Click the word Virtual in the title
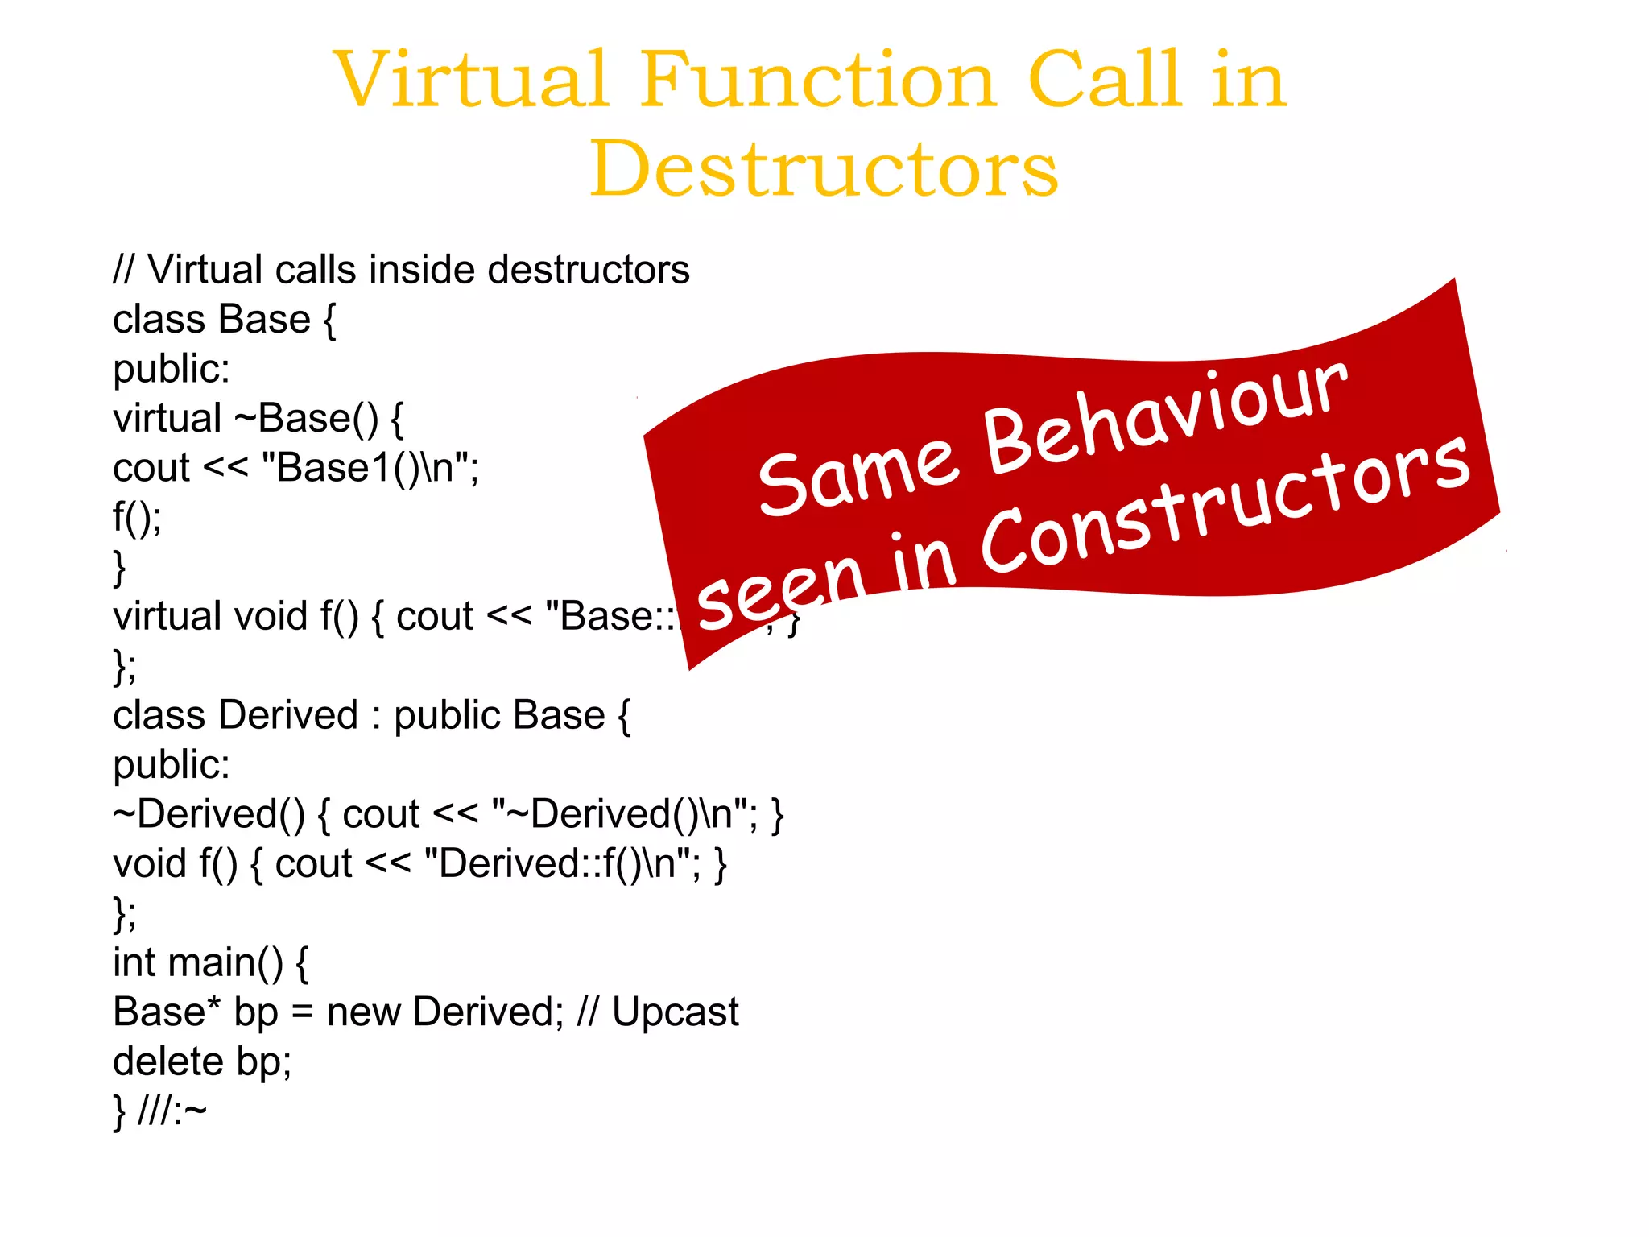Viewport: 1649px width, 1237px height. click(470, 80)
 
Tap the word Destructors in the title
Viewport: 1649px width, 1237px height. click(823, 169)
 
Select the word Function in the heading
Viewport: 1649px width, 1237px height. click(817, 80)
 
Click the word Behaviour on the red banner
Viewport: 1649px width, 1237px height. click(1163, 417)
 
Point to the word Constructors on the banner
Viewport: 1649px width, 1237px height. click(1224, 507)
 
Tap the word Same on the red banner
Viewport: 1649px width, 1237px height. click(858, 475)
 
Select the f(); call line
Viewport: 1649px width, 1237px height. click(137, 517)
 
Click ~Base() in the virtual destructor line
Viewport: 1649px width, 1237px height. click(306, 419)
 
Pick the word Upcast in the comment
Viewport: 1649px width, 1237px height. click(675, 1012)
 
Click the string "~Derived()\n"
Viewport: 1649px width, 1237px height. click(623, 814)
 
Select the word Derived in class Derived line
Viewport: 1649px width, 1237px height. click(288, 715)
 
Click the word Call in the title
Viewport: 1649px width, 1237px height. click(1105, 80)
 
